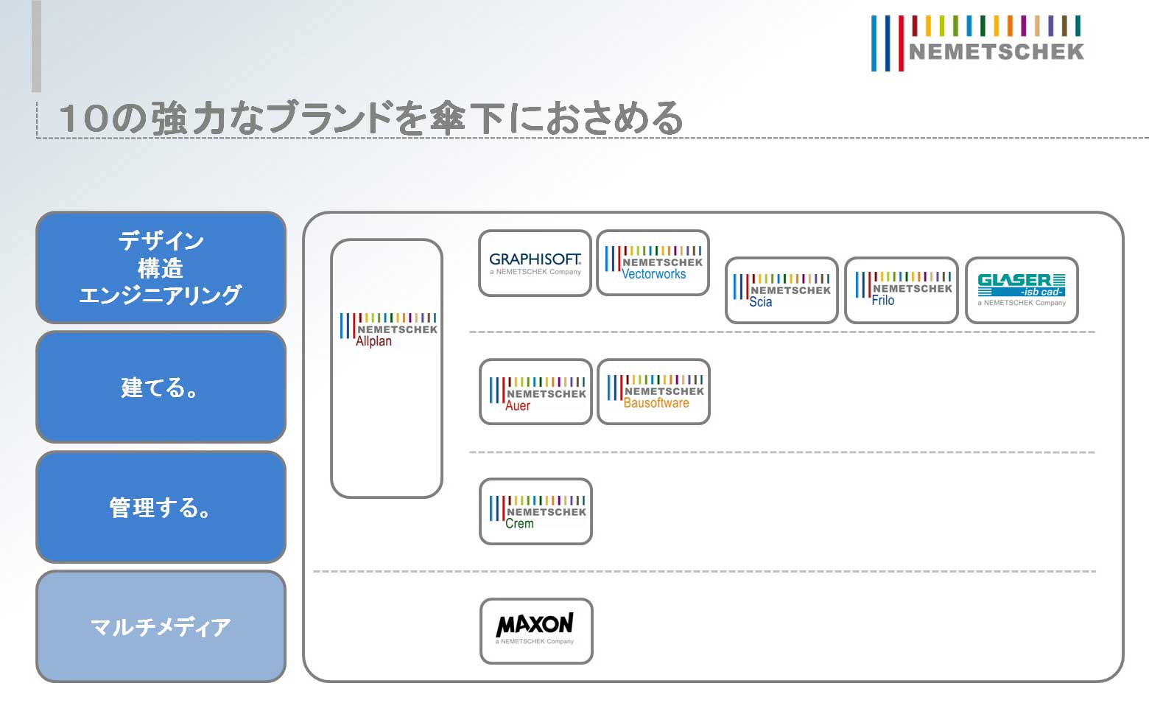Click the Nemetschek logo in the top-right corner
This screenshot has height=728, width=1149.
point(977,43)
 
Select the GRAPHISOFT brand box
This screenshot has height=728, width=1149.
point(535,263)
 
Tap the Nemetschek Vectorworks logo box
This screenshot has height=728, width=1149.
point(653,263)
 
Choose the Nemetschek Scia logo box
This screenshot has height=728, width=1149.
point(781,290)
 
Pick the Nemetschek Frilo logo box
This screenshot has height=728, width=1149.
point(901,290)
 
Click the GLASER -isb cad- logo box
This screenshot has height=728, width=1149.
point(1022,290)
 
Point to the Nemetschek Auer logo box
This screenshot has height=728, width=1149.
point(535,392)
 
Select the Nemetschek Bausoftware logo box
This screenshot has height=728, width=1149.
point(653,392)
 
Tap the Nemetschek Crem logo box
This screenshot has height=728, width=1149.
point(535,511)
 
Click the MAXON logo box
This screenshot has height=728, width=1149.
point(536,631)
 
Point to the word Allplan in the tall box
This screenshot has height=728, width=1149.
point(374,342)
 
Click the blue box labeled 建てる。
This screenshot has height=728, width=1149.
point(161,387)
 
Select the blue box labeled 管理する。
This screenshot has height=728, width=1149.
point(161,507)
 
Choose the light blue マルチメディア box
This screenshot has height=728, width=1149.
point(161,626)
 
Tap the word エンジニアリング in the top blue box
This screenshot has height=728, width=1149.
point(161,295)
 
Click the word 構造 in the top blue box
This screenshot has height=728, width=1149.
point(161,268)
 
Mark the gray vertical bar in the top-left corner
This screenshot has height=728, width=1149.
point(36,46)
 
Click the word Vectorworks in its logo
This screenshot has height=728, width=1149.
point(654,274)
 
